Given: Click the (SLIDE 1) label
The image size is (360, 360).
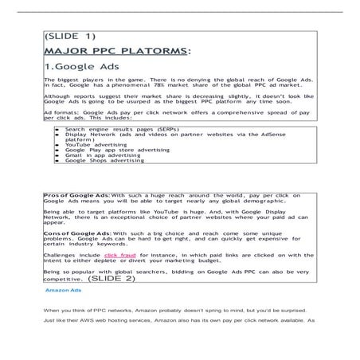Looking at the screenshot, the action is [69, 36].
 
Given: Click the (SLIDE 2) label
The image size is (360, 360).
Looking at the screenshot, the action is [112, 280].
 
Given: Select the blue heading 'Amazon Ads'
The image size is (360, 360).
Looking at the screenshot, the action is [67, 291].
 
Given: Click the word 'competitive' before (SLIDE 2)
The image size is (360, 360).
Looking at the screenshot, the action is [61, 280].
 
